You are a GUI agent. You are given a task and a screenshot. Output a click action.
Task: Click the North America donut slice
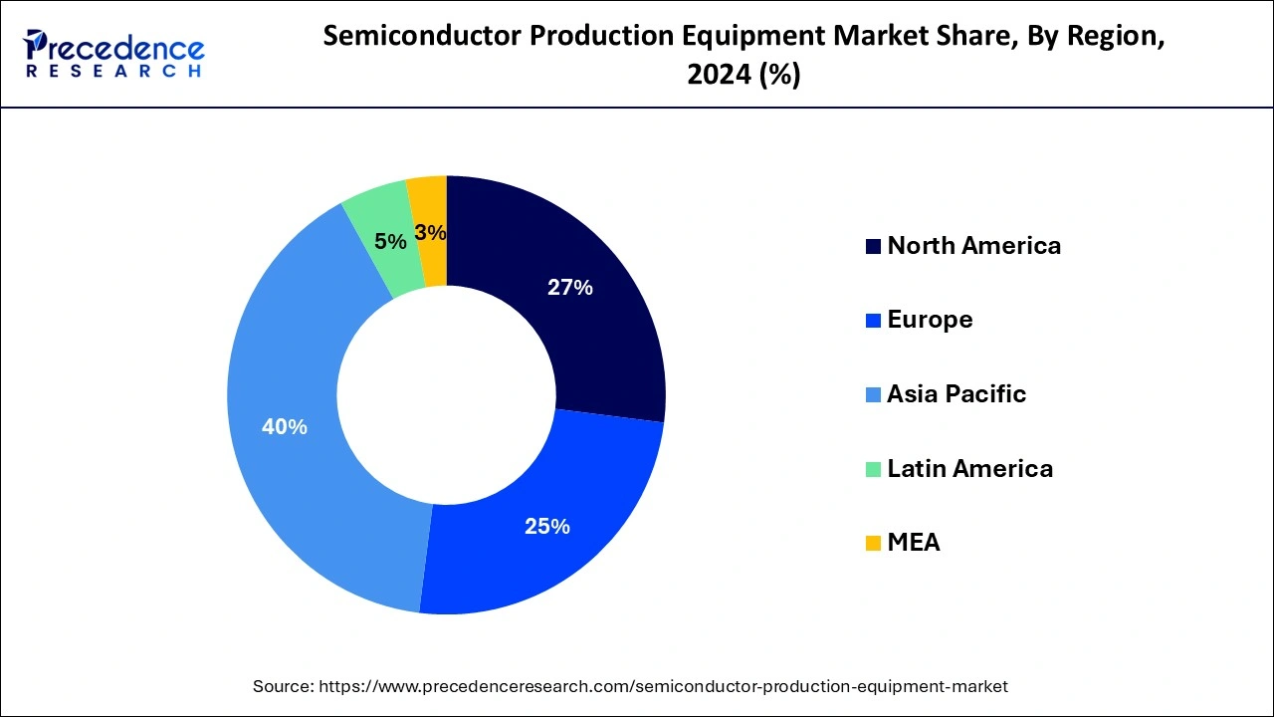597,319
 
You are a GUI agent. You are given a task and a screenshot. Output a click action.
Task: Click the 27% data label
570,288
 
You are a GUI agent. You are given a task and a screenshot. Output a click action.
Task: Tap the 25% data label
547,527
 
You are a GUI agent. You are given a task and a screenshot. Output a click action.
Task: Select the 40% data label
284,427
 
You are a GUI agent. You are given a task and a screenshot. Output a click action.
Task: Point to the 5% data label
390,242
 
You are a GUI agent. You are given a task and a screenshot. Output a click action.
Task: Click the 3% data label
430,233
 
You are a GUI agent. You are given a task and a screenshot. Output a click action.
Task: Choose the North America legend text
973,246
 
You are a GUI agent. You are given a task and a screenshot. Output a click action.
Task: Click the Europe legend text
930,320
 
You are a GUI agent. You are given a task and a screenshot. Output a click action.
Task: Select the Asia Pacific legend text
955,394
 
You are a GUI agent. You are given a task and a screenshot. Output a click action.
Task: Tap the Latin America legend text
969,468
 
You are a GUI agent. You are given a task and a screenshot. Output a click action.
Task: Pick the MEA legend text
913,543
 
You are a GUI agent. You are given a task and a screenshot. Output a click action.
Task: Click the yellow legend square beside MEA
873,544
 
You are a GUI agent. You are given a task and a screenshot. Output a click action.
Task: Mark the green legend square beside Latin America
873,469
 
